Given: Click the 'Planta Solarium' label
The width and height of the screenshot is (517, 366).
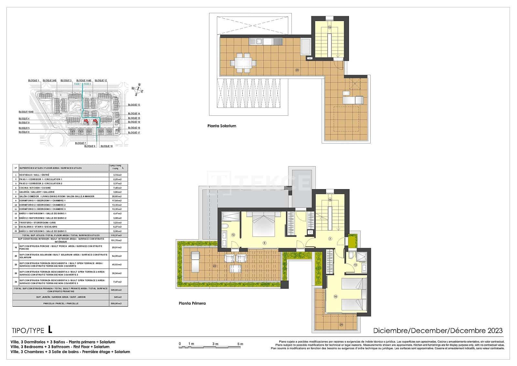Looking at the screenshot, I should click(222, 126).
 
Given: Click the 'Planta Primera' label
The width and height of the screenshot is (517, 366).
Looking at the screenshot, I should click(192, 303).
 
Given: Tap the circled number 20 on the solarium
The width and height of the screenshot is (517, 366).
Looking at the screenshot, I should click(297, 70).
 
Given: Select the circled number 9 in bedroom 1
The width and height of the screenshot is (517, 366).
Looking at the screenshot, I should click(264, 243).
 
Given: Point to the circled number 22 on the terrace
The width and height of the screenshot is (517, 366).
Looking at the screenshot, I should click(214, 266).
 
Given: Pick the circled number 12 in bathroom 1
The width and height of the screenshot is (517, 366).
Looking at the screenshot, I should click(233, 235).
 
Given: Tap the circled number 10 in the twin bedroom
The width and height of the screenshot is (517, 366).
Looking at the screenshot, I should click(335, 296).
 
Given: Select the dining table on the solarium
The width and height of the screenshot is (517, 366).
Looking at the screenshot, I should click(244, 63).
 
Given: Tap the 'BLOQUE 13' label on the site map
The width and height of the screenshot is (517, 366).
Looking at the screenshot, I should click(134, 105).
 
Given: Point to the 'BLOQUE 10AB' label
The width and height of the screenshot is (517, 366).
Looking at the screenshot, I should click(26, 112).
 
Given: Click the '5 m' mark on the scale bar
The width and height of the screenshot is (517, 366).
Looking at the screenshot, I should click(240, 344).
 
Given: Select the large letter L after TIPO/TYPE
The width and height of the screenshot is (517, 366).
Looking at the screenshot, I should click(50, 329).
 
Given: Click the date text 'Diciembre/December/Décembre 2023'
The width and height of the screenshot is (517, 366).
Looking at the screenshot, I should click(438, 330).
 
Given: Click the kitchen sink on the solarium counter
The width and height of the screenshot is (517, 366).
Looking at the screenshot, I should click(258, 41).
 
